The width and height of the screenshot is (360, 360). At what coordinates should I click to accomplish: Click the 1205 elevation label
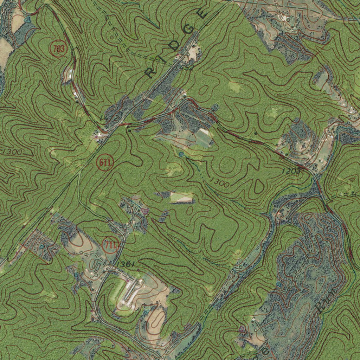(x=291, y=171)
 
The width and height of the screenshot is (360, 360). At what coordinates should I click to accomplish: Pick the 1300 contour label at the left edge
(x=12, y=152)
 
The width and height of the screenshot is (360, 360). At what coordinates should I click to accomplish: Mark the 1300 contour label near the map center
(x=220, y=183)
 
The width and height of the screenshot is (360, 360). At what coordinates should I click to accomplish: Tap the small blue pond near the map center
(x=181, y=154)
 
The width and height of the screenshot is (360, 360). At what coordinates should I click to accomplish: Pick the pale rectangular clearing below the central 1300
(x=181, y=198)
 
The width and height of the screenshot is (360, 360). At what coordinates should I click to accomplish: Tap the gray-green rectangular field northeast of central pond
(x=204, y=137)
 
